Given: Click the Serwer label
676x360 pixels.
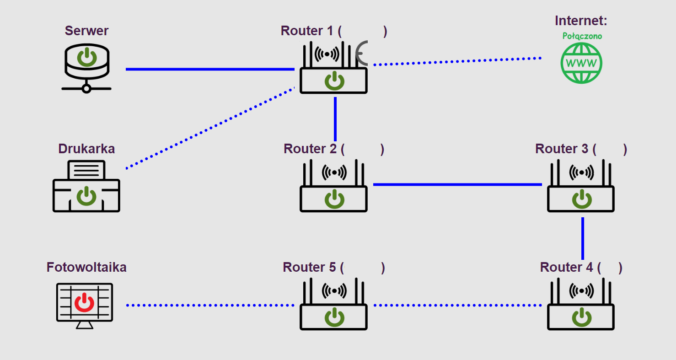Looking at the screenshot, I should pyautogui.click(x=86, y=31).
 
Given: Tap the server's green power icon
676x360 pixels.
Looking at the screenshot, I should pyautogui.click(x=86, y=58).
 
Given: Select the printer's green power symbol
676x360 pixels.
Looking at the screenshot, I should pyautogui.click(x=86, y=196).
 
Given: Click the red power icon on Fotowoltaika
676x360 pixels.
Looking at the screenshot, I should pyautogui.click(x=84, y=303).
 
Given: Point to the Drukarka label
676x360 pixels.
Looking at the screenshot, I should pyautogui.click(x=86, y=149).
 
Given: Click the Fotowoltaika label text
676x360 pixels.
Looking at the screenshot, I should pyautogui.click(x=86, y=267).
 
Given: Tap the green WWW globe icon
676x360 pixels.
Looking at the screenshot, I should pyautogui.click(x=581, y=63).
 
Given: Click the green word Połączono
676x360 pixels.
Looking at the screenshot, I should pyautogui.click(x=582, y=36).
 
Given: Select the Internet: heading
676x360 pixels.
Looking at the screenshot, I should pyautogui.click(x=581, y=21).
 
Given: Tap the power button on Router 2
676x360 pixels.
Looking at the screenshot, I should pyautogui.click(x=334, y=199).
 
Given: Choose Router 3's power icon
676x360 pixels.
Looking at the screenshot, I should pyautogui.click(x=582, y=199).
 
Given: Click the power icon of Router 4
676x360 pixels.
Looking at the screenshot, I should pyautogui.click(x=582, y=317).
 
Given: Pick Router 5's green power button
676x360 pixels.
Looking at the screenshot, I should pyautogui.click(x=334, y=317).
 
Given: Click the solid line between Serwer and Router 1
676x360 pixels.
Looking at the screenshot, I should pyautogui.click(x=210, y=69).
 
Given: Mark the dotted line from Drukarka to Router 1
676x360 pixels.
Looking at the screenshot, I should pyautogui.click(x=210, y=128).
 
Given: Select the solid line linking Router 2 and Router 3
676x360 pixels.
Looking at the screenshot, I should pyautogui.click(x=457, y=184).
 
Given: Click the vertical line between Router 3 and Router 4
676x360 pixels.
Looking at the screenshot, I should pyautogui.click(x=583, y=238).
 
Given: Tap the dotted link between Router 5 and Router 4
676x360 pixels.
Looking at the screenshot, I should pyautogui.click(x=457, y=305).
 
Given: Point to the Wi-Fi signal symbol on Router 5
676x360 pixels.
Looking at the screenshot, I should pyautogui.click(x=334, y=290).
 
